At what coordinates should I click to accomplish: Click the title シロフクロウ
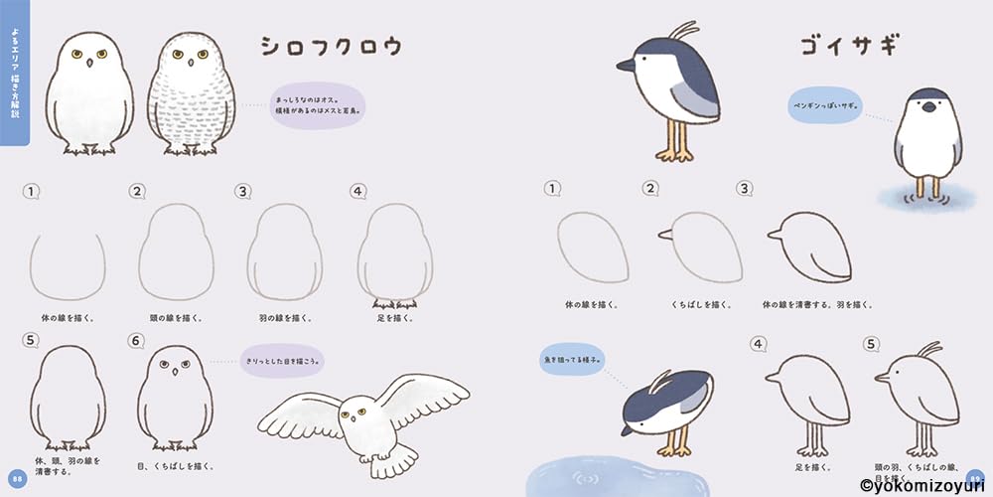click(331, 47)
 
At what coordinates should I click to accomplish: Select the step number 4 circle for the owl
click(358, 191)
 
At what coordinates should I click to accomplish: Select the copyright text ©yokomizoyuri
click(923, 486)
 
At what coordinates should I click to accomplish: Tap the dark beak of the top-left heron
click(628, 67)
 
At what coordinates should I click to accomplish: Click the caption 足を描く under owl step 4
click(396, 318)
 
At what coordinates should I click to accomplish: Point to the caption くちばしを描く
click(695, 303)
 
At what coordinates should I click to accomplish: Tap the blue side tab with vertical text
click(14, 75)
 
